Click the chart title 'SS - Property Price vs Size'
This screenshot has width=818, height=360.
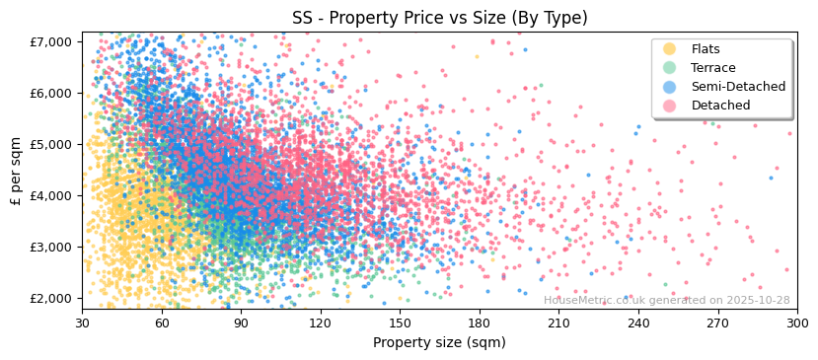point(439,18)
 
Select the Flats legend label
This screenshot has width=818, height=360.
point(706,49)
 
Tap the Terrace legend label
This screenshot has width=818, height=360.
point(713,68)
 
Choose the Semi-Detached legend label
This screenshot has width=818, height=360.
point(738,87)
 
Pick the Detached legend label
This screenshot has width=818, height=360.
point(720,106)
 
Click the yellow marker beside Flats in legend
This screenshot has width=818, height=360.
point(669,49)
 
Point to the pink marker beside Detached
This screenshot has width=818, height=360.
point(669,106)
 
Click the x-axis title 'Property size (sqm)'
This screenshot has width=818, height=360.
point(439,343)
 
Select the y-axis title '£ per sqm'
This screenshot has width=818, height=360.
point(16,172)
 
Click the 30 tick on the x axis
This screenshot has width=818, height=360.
point(82,323)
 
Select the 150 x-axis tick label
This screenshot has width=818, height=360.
point(400,323)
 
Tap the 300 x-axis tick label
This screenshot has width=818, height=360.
point(796,323)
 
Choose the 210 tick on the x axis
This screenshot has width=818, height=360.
point(558,323)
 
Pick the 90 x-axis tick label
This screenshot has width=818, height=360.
point(241,323)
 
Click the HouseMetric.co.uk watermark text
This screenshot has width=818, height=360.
point(666,301)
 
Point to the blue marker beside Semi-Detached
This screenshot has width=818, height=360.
point(669,87)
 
